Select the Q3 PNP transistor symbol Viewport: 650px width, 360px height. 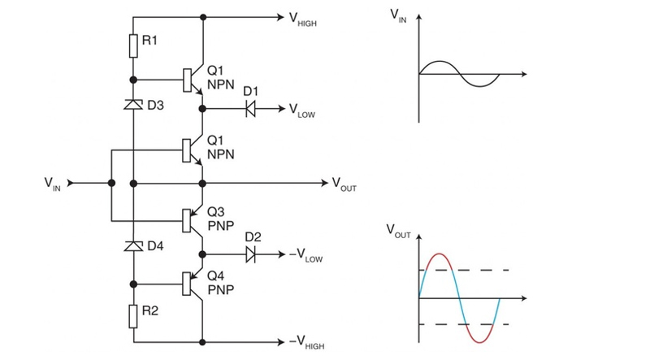[193, 219]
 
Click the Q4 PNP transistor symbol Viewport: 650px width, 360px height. [193, 284]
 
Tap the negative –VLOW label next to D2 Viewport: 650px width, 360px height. [307, 256]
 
